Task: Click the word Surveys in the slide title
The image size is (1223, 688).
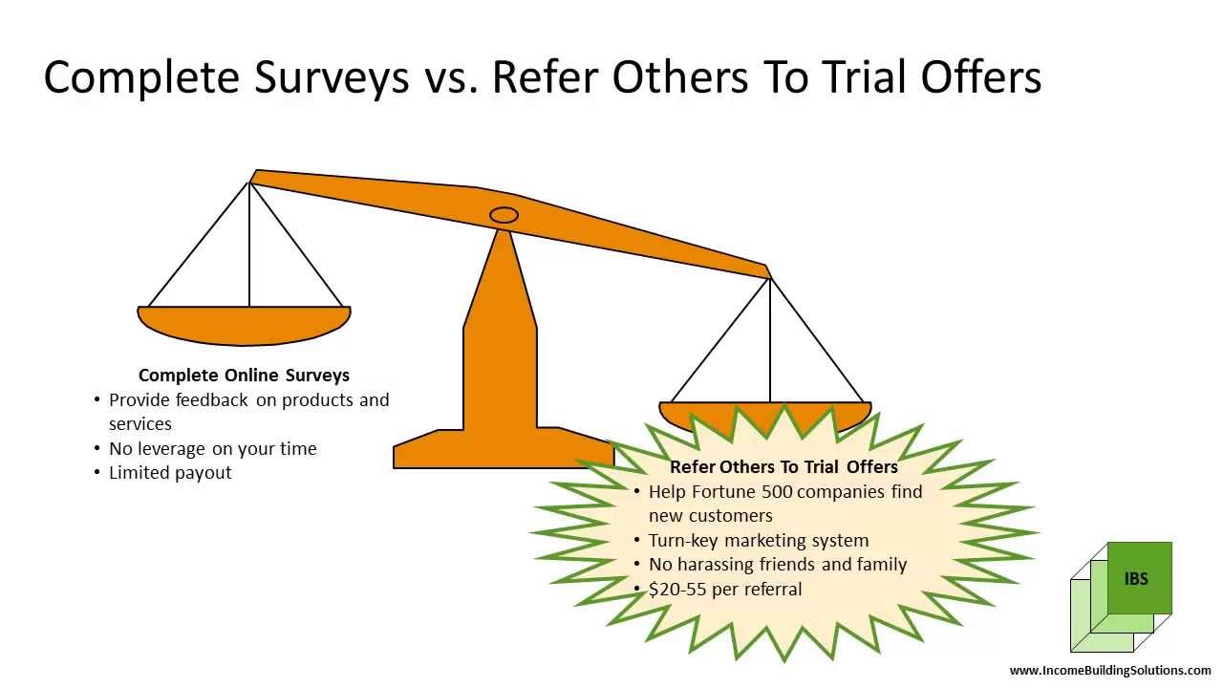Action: point(332,78)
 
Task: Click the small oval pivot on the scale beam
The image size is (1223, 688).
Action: point(504,215)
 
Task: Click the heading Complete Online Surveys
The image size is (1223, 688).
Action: point(244,376)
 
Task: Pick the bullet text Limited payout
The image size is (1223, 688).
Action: point(170,473)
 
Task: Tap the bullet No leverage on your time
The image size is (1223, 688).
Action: point(212,448)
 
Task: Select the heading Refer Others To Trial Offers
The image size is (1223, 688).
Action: point(783,467)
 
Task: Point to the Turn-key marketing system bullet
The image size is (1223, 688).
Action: point(759,541)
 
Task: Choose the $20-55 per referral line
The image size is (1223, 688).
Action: point(725,590)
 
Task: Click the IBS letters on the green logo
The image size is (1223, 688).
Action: point(1136,578)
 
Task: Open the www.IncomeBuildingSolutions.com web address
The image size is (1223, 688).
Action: point(1110,671)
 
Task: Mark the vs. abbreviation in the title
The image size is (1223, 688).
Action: point(451,78)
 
